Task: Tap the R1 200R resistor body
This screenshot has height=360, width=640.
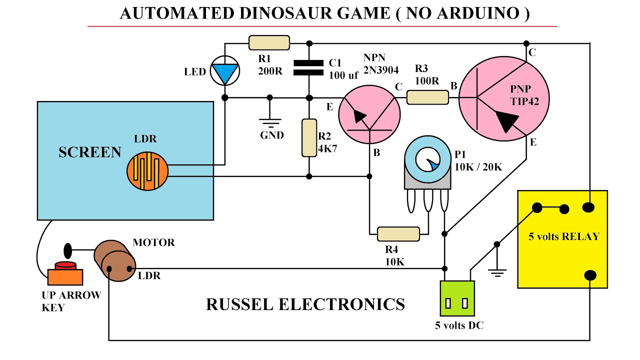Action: click(269, 42)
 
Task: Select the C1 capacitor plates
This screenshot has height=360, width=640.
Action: click(308, 67)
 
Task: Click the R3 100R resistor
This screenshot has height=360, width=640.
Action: click(427, 97)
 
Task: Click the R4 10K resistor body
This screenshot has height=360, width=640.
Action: click(398, 233)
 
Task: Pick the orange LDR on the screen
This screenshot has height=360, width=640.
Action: click(147, 172)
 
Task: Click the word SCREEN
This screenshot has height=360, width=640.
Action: click(90, 152)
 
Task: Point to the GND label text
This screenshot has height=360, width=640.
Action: click(272, 135)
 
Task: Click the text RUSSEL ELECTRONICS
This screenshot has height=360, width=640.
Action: click(305, 304)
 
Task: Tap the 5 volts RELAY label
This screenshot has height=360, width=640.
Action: click(563, 236)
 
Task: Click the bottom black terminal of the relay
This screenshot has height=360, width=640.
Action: click(590, 275)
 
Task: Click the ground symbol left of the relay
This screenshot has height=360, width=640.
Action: click(497, 271)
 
